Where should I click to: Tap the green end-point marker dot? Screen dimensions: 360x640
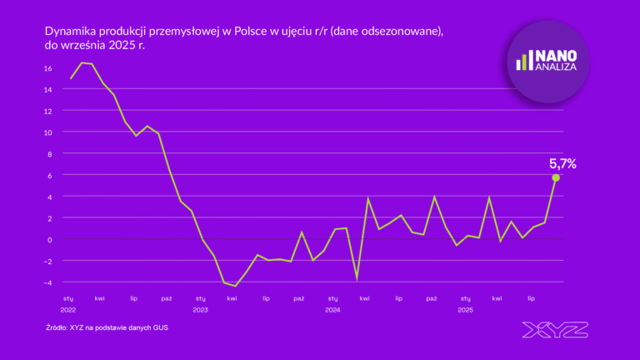point(556,177)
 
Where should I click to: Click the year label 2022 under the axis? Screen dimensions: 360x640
point(68,310)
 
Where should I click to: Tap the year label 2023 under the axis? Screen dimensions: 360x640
point(201,310)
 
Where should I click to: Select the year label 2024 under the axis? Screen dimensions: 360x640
point(332,310)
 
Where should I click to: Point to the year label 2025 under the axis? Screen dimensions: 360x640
point(465,310)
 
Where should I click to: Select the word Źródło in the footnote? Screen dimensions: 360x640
point(58,327)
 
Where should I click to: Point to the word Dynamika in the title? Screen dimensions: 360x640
point(71,31)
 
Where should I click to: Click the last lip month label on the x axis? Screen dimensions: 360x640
point(531,297)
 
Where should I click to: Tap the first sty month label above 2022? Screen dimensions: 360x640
point(68,297)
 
